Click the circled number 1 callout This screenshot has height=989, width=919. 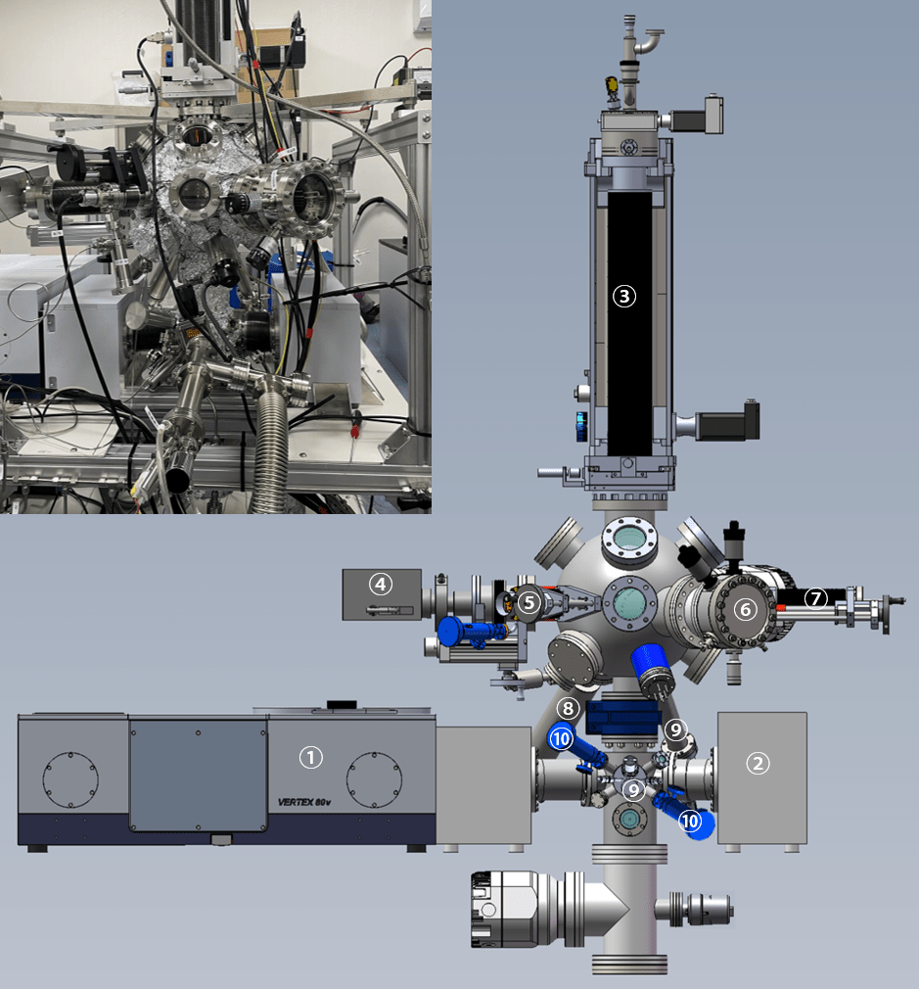click(311, 757)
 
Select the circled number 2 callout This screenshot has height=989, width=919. click(758, 764)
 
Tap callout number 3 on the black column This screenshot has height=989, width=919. click(624, 296)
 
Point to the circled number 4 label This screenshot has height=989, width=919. click(380, 585)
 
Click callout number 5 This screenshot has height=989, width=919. click(528, 603)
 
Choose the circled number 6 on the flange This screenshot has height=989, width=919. click(746, 609)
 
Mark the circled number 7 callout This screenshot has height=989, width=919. click(816, 598)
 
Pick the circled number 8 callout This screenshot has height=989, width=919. click(568, 708)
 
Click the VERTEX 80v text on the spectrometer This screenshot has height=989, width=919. click(303, 802)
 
